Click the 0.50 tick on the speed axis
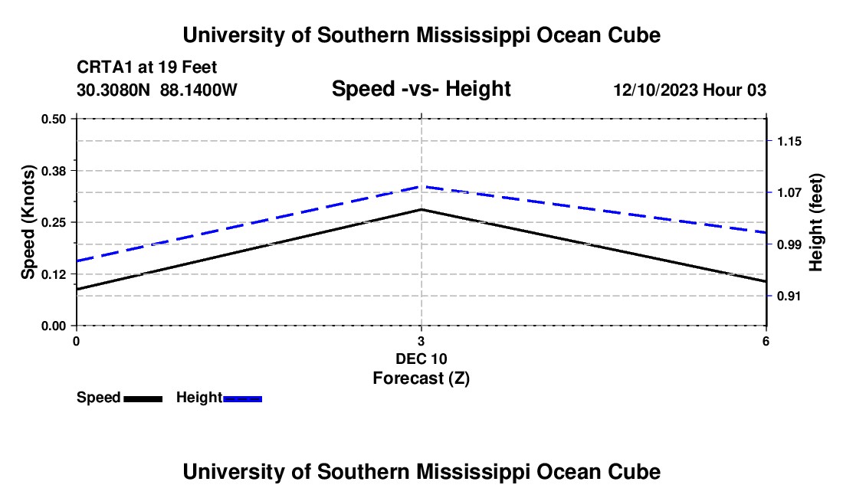pos(53,119)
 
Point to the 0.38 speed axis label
pos(53,171)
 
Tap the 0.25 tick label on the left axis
pos(53,222)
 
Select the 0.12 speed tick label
pos(53,274)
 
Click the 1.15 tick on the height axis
pos(789,141)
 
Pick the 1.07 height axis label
pos(789,192)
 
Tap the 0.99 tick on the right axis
pos(789,244)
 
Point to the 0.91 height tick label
pos(789,296)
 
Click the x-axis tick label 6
pos(766,341)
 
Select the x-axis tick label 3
pos(421,341)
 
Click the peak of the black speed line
pos(421,209)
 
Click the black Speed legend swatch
pos(143,398)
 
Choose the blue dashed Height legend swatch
pos(242,398)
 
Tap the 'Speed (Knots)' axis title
pos(28,222)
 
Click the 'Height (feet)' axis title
pos(815,222)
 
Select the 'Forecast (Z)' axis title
pos(421,378)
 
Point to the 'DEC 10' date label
pos(421,359)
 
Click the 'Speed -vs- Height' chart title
pos(421,89)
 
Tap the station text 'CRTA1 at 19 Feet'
pos(147,67)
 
